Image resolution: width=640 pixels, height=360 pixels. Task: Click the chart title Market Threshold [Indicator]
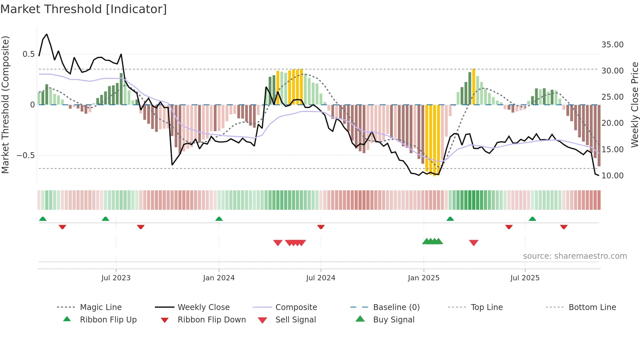tap(84, 9)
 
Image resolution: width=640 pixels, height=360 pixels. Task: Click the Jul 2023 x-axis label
tap(116, 278)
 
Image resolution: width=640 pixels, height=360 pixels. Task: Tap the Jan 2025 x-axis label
tap(424, 278)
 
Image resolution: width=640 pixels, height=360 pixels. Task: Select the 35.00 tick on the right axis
tap(612, 44)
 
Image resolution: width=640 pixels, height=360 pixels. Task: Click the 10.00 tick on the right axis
tap(612, 175)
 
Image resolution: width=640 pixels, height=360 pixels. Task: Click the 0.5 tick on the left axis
tap(28, 54)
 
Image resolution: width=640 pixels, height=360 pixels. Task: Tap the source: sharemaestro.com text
tap(575, 256)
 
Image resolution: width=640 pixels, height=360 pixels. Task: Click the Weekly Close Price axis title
tap(634, 105)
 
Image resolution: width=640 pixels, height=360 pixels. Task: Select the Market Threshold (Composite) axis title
tap(5, 105)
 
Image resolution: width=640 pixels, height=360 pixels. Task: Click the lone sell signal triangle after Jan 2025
tap(473, 243)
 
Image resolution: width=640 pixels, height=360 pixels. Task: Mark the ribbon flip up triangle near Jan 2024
tap(219, 219)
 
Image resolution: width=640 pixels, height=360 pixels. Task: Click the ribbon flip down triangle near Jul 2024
tap(321, 227)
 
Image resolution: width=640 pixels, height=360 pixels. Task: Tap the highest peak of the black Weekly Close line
tap(47, 34)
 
